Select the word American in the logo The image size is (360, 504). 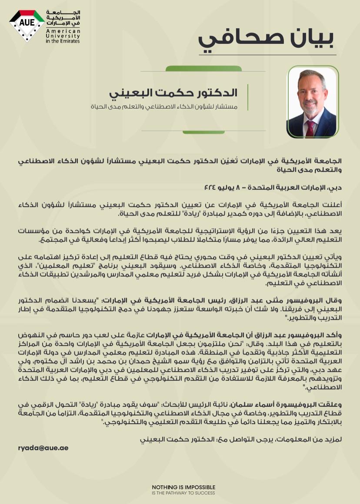[x=57, y=31]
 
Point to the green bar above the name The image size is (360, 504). [x=204, y=69]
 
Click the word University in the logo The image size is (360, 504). [x=57, y=36]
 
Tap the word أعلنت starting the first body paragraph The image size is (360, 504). [x=334, y=205]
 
